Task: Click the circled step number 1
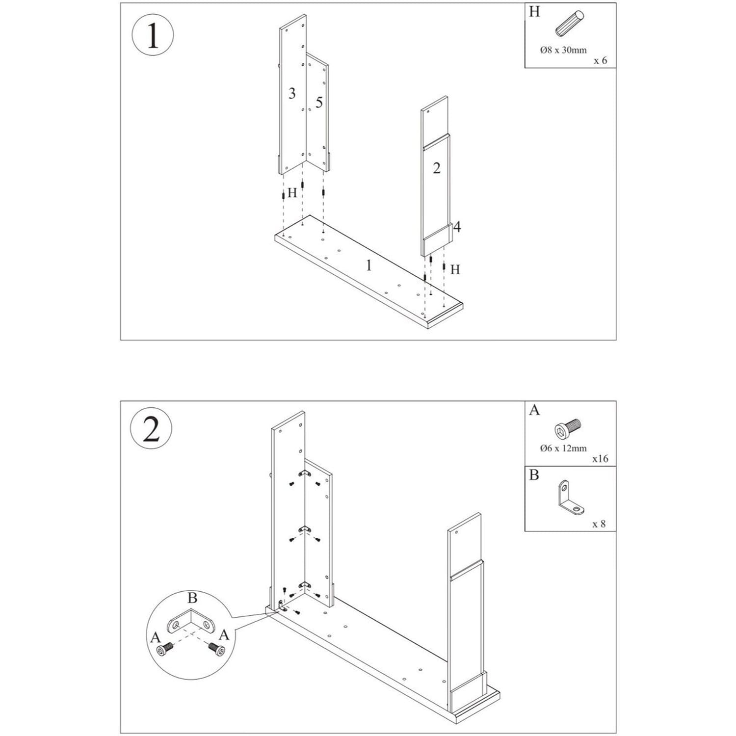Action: (x=153, y=36)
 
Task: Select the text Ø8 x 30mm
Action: (x=563, y=50)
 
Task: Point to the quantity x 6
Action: (x=600, y=60)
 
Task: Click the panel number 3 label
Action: (x=292, y=93)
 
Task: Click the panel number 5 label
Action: (x=319, y=103)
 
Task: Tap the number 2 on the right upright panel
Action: (x=436, y=168)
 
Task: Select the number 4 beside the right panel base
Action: (x=457, y=227)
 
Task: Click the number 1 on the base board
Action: (x=368, y=265)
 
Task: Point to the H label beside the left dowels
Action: (x=292, y=193)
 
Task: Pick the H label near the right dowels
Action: (x=455, y=269)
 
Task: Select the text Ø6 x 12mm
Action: (x=563, y=448)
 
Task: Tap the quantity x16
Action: (x=600, y=459)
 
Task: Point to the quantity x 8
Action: (x=599, y=524)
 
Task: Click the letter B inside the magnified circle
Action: (x=192, y=598)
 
